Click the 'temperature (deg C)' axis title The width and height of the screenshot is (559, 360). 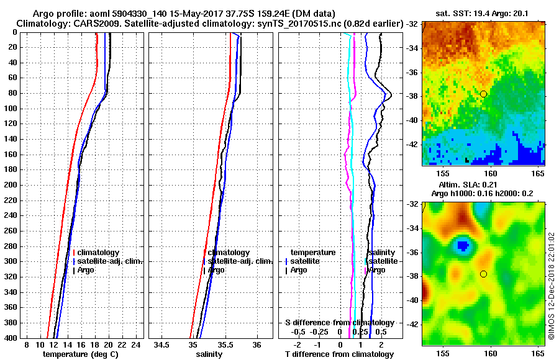coord(80,354)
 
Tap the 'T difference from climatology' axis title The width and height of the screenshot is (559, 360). coord(339,354)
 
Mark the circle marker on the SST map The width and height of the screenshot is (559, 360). coord(483,94)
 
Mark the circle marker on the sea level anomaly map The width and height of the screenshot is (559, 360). coord(483,274)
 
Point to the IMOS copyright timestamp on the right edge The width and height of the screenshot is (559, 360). coord(551,292)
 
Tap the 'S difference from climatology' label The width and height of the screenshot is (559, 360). coord(339,323)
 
